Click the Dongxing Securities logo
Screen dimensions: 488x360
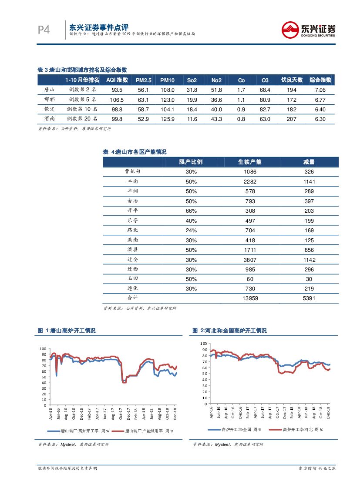[x=308, y=30]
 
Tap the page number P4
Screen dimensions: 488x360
[x=44, y=30]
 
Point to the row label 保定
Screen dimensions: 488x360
[x=50, y=109]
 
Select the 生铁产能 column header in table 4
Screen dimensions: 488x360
[x=250, y=162]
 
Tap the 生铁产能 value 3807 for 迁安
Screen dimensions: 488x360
[x=250, y=260]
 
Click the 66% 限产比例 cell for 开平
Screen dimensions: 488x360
[x=191, y=211]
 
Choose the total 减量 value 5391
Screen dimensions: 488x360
[x=309, y=298]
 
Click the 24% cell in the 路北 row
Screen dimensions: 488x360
[x=191, y=230]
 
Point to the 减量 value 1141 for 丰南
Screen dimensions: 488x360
[x=309, y=181]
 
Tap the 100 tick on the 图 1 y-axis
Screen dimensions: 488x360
[x=43, y=349]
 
